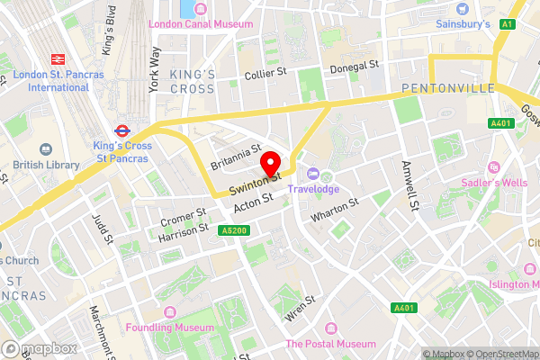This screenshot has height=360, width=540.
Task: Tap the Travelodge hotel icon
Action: (x=313, y=174)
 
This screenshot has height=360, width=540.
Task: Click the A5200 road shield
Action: (x=231, y=230)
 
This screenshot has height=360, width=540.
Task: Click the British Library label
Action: (x=43, y=166)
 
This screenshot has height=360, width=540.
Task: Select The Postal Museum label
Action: (x=330, y=344)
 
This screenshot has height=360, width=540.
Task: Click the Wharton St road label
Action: (x=334, y=211)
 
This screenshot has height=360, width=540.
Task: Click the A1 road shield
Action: (x=507, y=24)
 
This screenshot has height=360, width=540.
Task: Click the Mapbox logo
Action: (x=39, y=348)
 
